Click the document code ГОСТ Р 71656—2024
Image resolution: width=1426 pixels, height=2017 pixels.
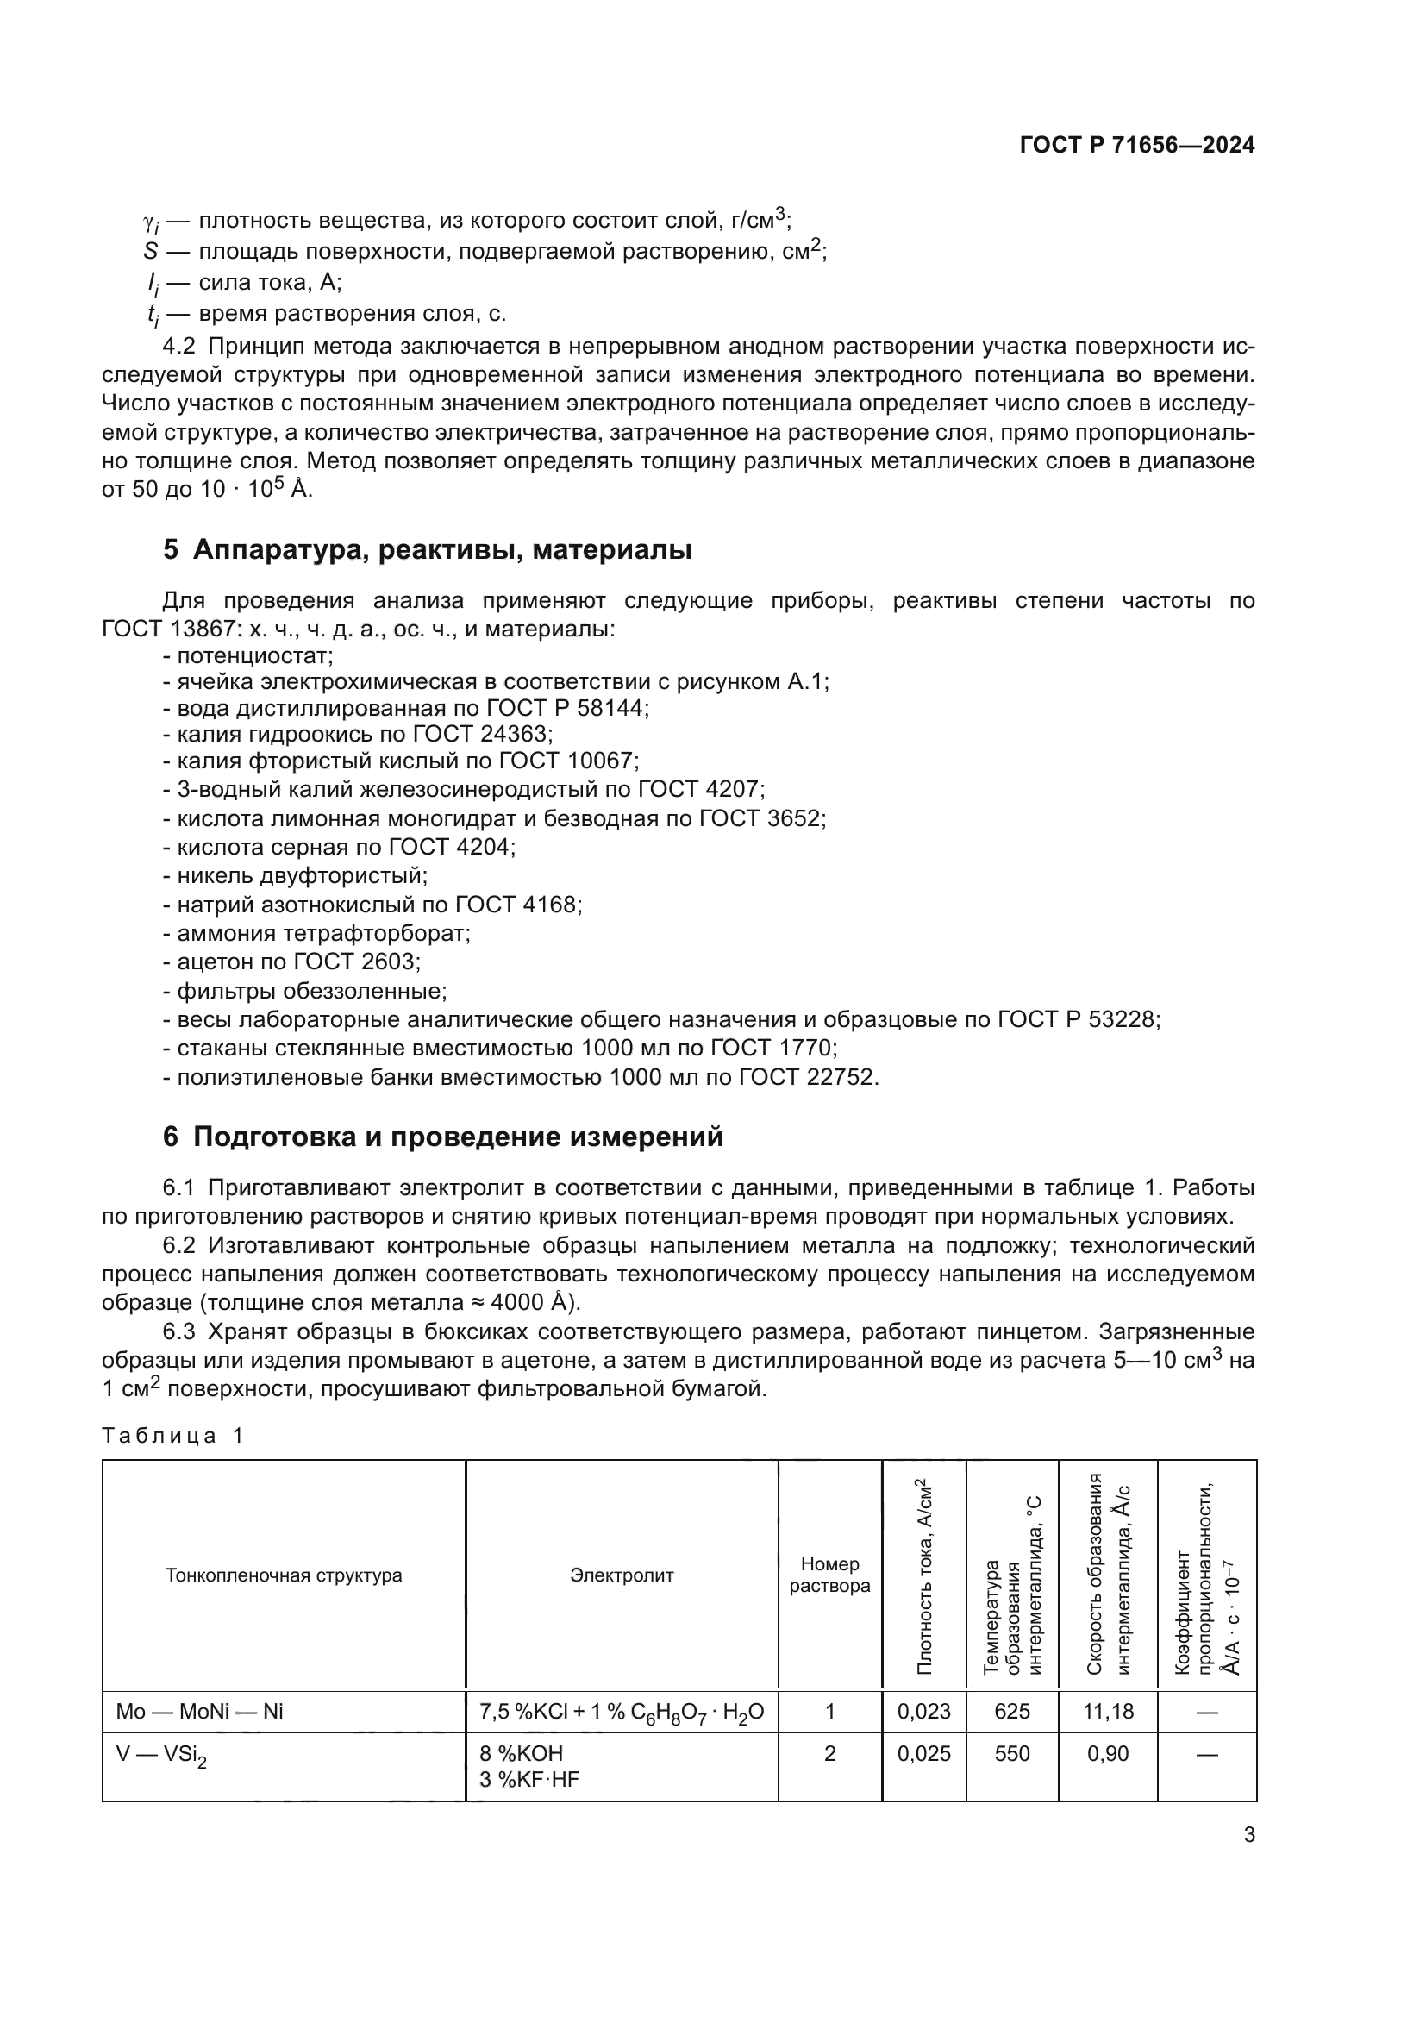1136,146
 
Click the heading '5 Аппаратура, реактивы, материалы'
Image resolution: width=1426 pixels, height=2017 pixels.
427,550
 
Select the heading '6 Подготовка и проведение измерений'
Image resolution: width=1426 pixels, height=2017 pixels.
442,1137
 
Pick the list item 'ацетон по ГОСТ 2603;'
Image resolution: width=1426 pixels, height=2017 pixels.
291,961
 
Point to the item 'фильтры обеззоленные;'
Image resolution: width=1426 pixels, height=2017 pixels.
304,991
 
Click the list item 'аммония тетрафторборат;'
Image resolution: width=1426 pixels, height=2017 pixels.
317,933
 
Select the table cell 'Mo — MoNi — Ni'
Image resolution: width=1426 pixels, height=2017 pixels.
200,1711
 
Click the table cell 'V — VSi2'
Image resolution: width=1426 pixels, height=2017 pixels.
161,1755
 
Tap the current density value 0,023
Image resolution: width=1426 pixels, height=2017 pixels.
923,1711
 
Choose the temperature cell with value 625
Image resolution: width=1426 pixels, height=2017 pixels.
1011,1711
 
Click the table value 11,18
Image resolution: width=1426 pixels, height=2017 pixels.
1108,1711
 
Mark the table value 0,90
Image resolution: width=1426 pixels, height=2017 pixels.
1108,1753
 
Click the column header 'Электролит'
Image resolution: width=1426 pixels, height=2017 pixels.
621,1575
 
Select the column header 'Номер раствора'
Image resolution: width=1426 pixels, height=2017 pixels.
829,1575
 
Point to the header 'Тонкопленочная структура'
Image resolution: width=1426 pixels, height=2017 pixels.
284,1575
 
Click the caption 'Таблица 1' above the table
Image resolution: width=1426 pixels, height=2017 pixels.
172,1436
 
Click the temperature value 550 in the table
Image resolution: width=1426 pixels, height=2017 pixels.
1011,1753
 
